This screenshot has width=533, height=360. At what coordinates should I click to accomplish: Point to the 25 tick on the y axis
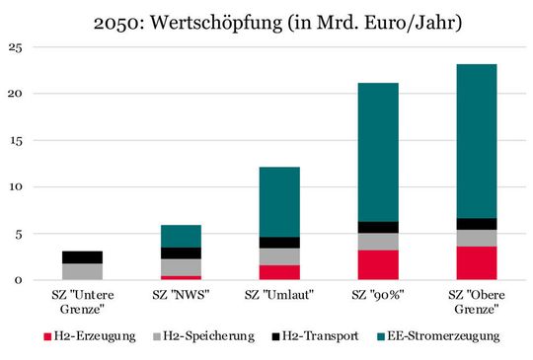point(13,46)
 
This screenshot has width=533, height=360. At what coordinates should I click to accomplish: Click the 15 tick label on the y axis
point(13,140)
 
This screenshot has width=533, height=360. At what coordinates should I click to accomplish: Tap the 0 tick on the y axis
point(16,280)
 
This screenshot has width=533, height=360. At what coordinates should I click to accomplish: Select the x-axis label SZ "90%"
point(379,296)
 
